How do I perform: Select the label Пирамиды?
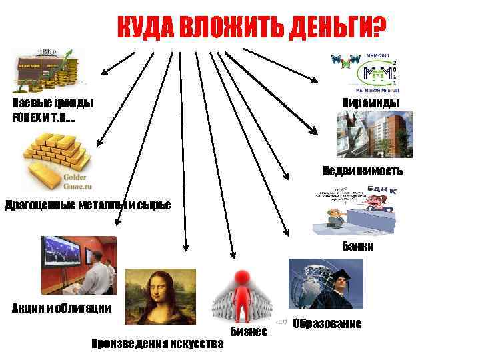coord(371,103)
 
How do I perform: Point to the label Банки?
coord(358,246)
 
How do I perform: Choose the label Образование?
coord(327,323)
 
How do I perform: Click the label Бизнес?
coord(249,331)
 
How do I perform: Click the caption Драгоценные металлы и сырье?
coord(87,204)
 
